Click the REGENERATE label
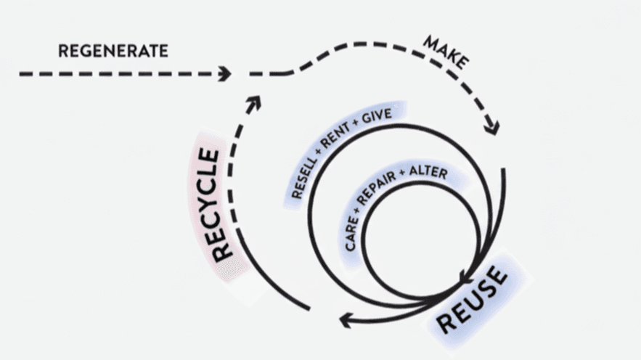coord(113,51)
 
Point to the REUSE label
coord(472,299)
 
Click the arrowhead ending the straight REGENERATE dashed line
coord(225,73)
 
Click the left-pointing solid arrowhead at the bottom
coord(348,319)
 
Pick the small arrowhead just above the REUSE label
coord(466,276)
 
